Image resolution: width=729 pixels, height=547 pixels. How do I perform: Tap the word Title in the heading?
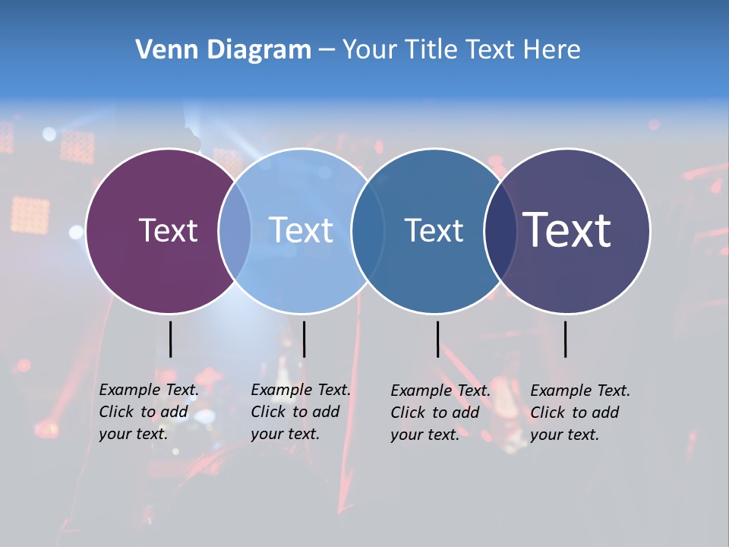point(434,50)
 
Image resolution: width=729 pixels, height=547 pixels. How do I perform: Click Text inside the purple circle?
point(168,230)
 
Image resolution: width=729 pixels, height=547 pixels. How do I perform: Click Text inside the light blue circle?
point(301,230)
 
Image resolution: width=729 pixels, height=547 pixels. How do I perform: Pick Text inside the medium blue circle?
point(434,230)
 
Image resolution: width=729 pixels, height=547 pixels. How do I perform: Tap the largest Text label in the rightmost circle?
point(567,230)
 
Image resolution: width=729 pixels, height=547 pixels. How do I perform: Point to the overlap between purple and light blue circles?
point(235,230)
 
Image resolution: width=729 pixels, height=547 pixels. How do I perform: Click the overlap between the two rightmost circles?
point(500,230)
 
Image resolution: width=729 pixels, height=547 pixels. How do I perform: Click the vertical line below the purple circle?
point(171,339)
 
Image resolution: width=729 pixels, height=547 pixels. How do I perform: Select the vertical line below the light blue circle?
point(304,339)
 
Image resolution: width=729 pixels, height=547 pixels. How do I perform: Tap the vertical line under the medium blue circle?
point(437,339)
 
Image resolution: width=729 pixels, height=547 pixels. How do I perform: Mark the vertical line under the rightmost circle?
point(565,339)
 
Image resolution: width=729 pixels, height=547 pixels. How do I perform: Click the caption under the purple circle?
point(149,412)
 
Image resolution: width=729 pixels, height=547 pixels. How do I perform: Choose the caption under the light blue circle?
point(301,412)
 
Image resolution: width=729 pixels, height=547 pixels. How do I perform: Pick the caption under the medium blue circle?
point(440,413)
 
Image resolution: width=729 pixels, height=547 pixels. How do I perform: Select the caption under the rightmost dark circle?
point(580,413)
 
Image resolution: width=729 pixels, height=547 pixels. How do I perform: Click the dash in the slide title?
point(327,51)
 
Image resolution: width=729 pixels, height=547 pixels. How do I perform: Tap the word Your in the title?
point(371,50)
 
